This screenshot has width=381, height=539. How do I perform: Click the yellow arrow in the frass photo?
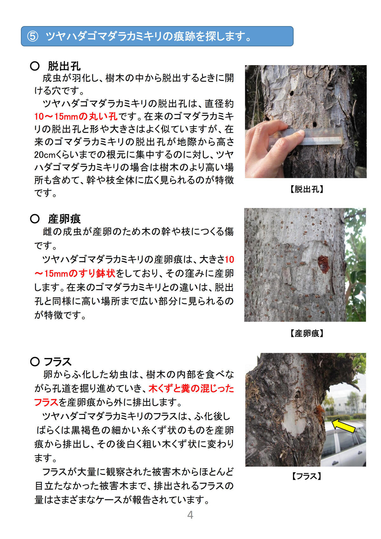(344, 426)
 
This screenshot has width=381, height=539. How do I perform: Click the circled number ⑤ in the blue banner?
(32, 36)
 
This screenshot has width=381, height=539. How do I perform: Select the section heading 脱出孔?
(64, 66)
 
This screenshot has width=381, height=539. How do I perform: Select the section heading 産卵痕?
(64, 219)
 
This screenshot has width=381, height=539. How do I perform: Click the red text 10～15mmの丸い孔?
(76, 117)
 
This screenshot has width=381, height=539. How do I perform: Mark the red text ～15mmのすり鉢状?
(75, 273)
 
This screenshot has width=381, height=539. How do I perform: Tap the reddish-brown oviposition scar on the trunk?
(323, 265)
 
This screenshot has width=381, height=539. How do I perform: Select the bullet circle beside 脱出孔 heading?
(35, 66)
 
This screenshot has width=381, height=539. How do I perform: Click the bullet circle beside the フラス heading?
(35, 362)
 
